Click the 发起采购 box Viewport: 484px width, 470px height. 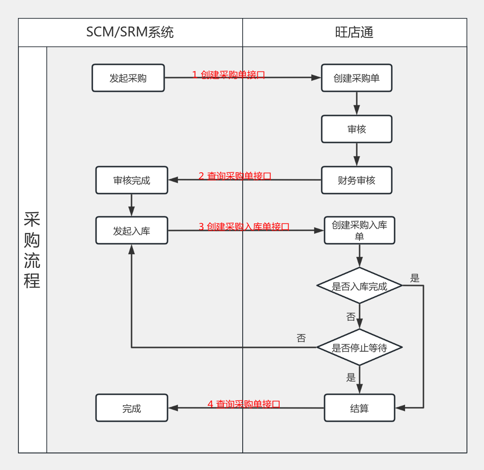(x=128, y=78)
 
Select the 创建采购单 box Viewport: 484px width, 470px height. (x=356, y=78)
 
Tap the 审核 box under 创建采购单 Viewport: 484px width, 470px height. (x=356, y=129)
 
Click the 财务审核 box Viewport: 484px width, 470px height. (x=356, y=180)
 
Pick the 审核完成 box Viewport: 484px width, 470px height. (x=132, y=180)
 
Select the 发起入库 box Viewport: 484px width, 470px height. (x=132, y=231)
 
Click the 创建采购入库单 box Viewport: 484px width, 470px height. (x=359, y=231)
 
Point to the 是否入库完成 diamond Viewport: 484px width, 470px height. (x=359, y=286)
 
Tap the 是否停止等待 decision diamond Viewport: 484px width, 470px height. (x=359, y=348)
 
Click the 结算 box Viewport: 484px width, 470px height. (x=359, y=408)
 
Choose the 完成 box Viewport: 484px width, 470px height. (x=132, y=408)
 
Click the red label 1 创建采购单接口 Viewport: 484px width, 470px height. (x=229, y=75)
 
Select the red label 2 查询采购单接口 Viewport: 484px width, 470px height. (x=235, y=176)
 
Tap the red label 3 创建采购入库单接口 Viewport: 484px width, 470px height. (x=244, y=227)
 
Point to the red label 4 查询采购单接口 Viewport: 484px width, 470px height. (x=244, y=404)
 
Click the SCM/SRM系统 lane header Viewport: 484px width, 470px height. (x=130, y=32)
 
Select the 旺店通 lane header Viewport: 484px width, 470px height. (x=354, y=32)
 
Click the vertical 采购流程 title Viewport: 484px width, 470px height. (x=32, y=250)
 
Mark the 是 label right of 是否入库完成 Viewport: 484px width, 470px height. (x=414, y=278)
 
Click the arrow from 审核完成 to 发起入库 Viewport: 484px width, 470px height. (x=132, y=205)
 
